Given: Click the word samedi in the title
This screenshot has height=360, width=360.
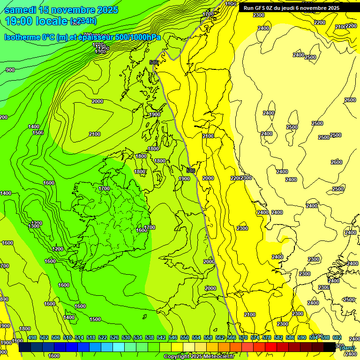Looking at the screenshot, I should [x=21, y=10].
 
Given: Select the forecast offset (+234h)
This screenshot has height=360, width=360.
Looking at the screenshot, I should [x=83, y=21].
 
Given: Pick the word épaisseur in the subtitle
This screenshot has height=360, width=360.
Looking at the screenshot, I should [x=94, y=37].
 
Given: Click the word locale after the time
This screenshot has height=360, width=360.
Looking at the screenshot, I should [x=51, y=21].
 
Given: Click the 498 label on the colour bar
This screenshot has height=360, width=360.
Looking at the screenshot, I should [x=32, y=338].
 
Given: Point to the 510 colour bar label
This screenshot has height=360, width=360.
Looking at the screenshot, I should [x=67, y=338].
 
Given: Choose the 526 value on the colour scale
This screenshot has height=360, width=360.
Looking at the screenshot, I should [x=114, y=338].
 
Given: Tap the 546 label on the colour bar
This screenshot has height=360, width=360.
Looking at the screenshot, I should [x=173, y=338].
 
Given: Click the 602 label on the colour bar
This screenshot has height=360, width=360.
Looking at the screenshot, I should [x=337, y=338].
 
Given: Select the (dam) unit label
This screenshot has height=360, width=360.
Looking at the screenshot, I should [x=347, y=348].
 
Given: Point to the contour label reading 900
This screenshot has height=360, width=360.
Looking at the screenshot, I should [x=10, y=70].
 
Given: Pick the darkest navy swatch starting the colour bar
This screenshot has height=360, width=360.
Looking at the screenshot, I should [x=25, y=347].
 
